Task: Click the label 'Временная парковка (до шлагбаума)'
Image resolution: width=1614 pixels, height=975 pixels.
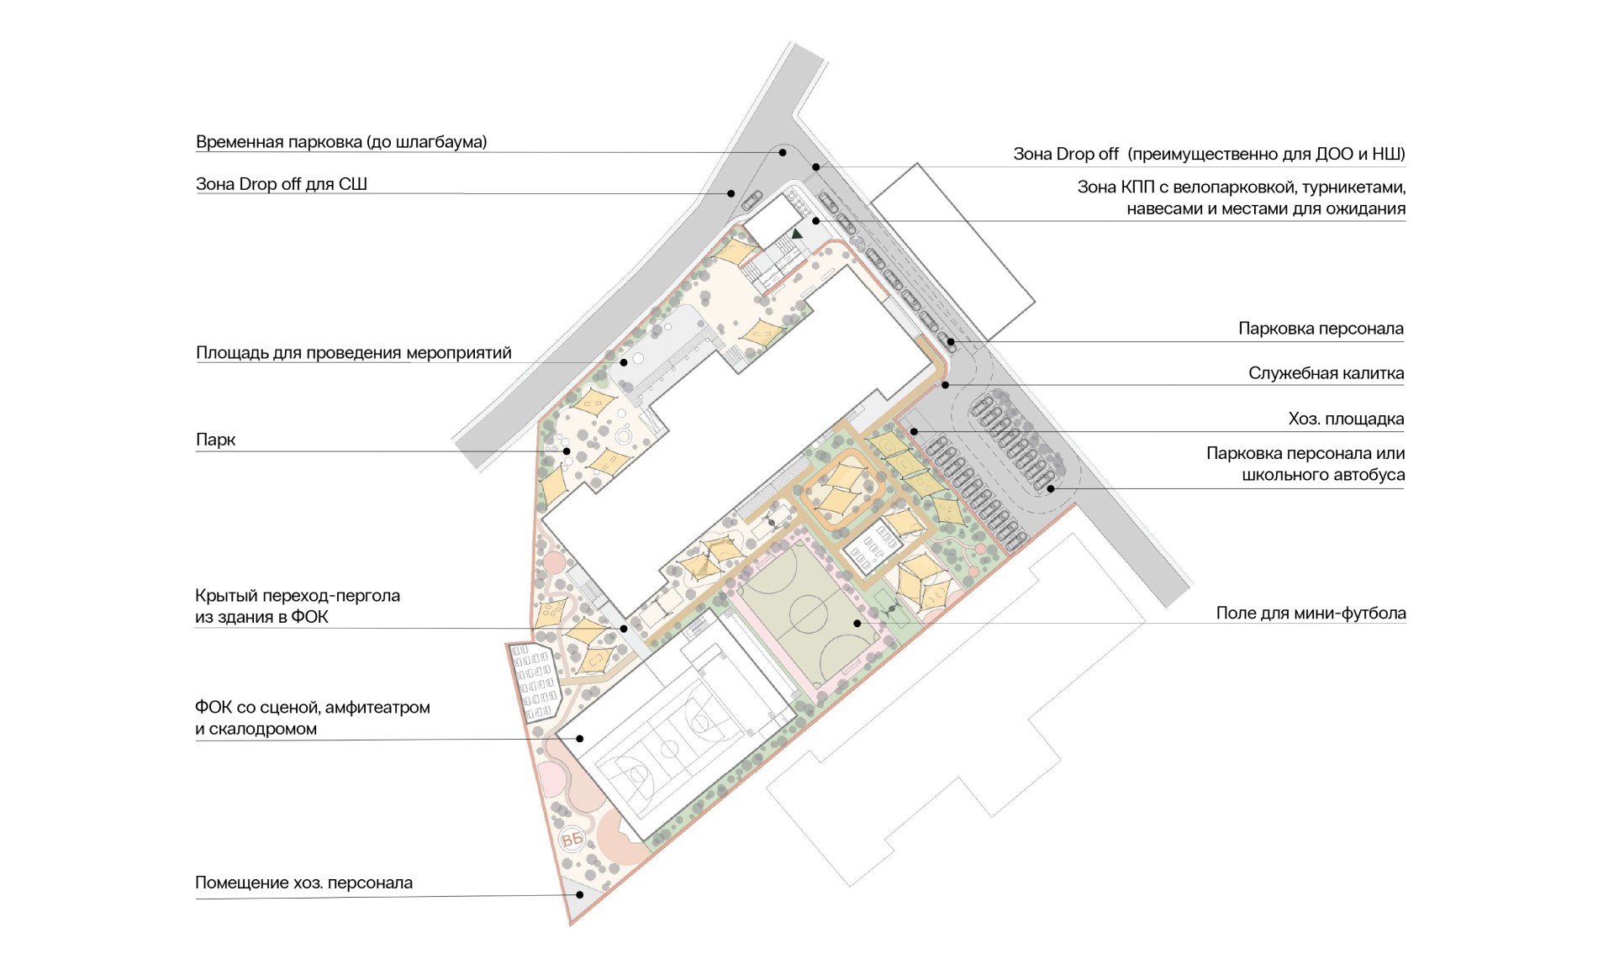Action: (341, 142)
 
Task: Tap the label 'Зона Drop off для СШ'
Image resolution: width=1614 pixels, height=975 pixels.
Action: (282, 184)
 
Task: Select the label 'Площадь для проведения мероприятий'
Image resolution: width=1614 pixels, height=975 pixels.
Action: (354, 353)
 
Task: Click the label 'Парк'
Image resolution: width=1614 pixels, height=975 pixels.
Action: (216, 440)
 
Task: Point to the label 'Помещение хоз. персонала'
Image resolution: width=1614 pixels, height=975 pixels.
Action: (304, 883)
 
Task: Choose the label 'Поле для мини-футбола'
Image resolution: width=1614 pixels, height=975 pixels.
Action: (1311, 614)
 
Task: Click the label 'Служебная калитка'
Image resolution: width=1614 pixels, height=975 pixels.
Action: (1326, 373)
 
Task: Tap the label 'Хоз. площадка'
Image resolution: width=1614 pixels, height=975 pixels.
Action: (1346, 419)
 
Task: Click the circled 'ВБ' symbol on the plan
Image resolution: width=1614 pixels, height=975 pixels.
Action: (572, 840)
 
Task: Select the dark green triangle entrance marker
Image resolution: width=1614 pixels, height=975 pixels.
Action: (797, 234)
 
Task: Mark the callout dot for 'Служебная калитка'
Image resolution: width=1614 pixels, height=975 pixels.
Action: (946, 385)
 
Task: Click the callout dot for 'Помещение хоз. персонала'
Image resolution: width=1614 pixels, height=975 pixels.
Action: (580, 895)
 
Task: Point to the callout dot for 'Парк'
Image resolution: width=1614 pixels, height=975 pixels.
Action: (567, 451)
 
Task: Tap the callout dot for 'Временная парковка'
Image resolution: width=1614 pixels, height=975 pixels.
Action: (783, 152)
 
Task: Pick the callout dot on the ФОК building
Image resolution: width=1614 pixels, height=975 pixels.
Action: (580, 739)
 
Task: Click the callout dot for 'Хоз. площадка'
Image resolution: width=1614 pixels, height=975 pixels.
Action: (914, 432)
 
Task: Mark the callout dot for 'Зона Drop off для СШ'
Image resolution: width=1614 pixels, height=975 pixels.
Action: (731, 193)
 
